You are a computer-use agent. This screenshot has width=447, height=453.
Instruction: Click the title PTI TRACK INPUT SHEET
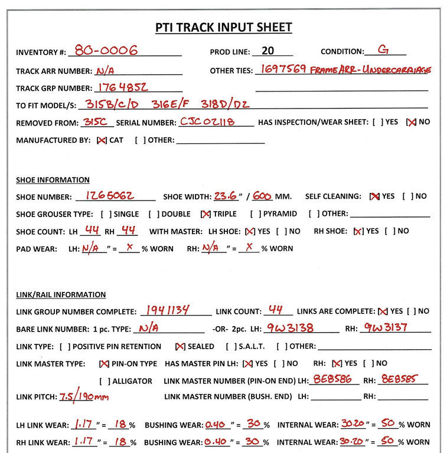point(223,27)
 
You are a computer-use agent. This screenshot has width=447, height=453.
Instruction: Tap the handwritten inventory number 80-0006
point(103,51)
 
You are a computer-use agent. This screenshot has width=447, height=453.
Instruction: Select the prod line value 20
point(267,51)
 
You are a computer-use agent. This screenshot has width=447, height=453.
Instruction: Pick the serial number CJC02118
point(207,122)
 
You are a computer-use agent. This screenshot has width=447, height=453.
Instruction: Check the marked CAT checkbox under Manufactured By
point(102,140)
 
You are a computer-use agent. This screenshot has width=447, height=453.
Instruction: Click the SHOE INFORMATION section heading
point(53,180)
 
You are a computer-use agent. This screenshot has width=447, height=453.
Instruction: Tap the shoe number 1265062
point(110,195)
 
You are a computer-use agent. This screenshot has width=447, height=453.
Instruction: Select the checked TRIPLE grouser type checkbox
point(206,214)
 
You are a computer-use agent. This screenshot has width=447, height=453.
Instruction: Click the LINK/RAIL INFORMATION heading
point(61,294)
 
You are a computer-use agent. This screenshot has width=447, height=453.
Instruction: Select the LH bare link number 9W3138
point(290,327)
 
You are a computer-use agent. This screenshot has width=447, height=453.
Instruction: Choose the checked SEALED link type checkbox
point(180,346)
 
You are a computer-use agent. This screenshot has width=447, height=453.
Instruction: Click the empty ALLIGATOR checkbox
point(105,381)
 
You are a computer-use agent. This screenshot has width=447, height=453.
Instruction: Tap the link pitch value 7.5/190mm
point(84,396)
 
